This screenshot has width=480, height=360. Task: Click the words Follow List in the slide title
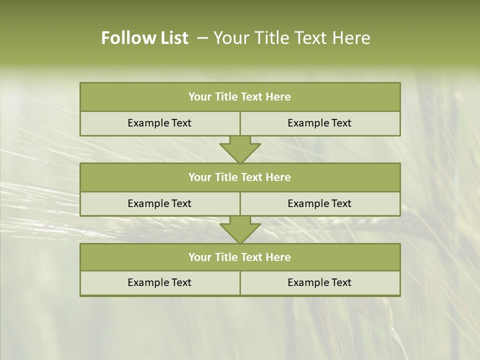(145, 38)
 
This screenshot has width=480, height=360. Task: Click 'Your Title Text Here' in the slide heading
(291, 38)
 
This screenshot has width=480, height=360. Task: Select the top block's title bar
(240, 97)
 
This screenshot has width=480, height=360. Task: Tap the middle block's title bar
(240, 177)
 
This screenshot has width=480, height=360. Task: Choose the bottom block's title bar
(240, 257)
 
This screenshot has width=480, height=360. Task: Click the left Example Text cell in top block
(159, 123)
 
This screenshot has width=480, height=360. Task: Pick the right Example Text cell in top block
(319, 123)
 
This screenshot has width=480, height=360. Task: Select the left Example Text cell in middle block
(159, 203)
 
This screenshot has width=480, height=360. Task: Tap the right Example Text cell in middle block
(319, 203)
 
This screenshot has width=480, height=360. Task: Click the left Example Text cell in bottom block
(159, 282)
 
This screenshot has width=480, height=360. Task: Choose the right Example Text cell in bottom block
(319, 282)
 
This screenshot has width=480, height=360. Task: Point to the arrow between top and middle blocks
(240, 150)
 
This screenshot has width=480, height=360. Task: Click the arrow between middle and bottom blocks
(240, 230)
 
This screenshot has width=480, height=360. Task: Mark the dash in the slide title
(202, 38)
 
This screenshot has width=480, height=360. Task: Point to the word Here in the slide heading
(352, 38)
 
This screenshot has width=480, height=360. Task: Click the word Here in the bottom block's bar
(278, 257)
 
